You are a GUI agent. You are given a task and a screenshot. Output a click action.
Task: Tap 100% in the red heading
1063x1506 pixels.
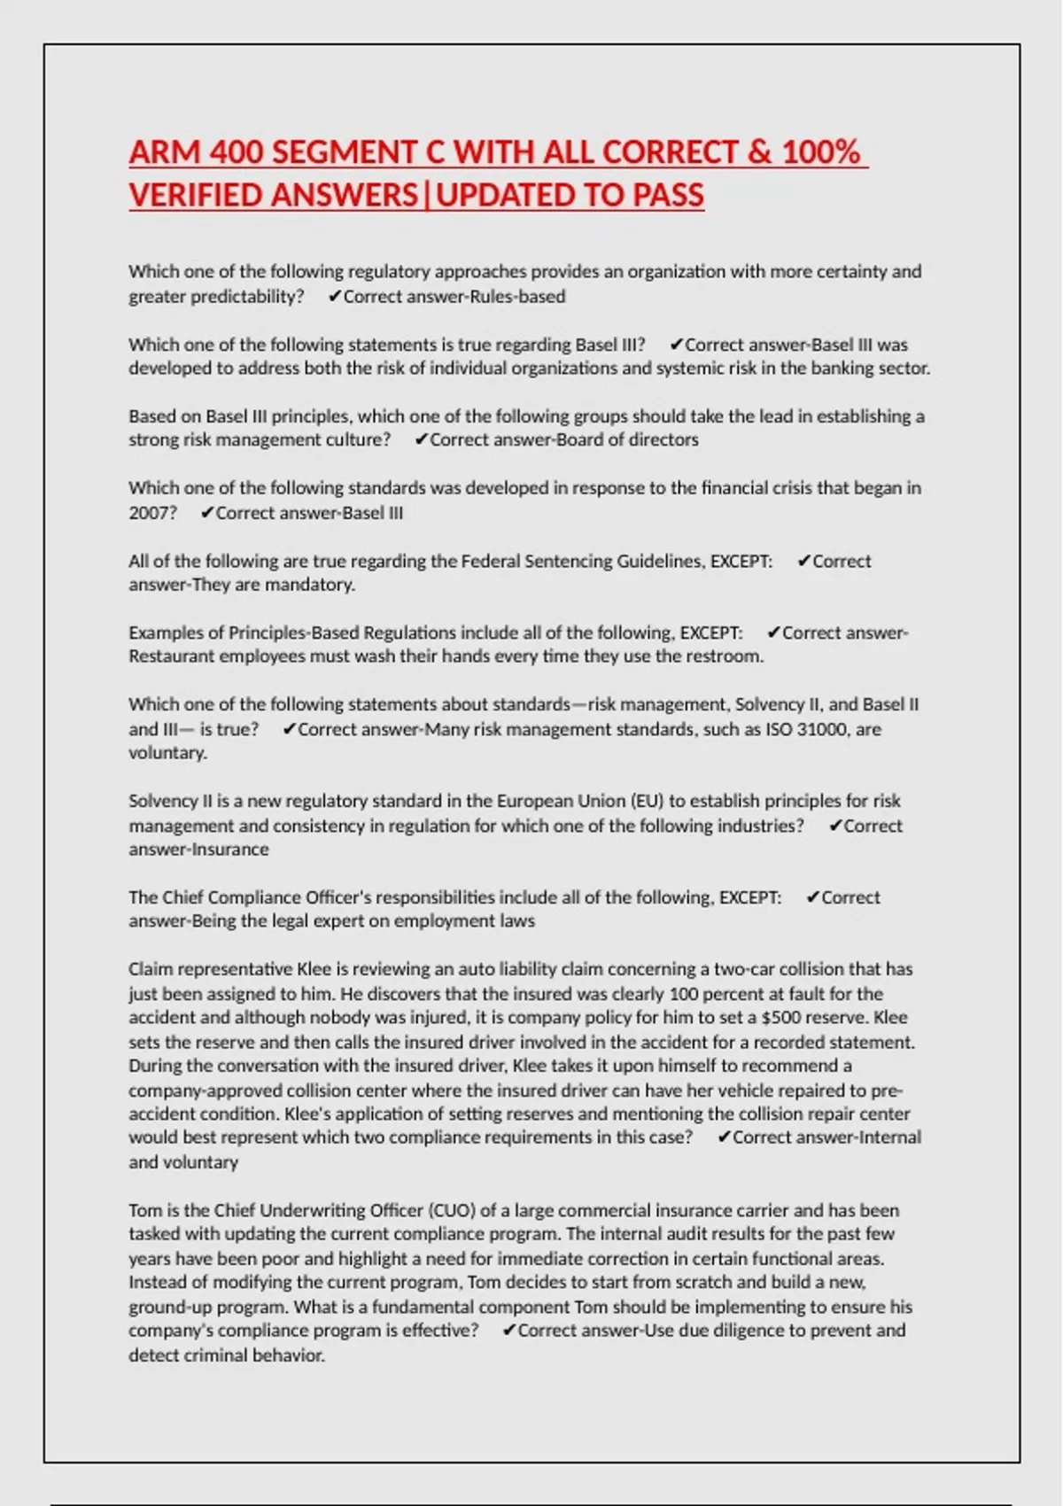tap(821, 152)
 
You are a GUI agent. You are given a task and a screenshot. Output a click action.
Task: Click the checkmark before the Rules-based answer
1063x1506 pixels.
tap(334, 297)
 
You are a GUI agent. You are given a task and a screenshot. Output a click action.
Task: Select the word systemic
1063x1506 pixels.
tap(688, 369)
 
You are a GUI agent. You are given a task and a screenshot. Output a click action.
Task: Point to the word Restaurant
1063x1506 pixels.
tap(171, 656)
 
